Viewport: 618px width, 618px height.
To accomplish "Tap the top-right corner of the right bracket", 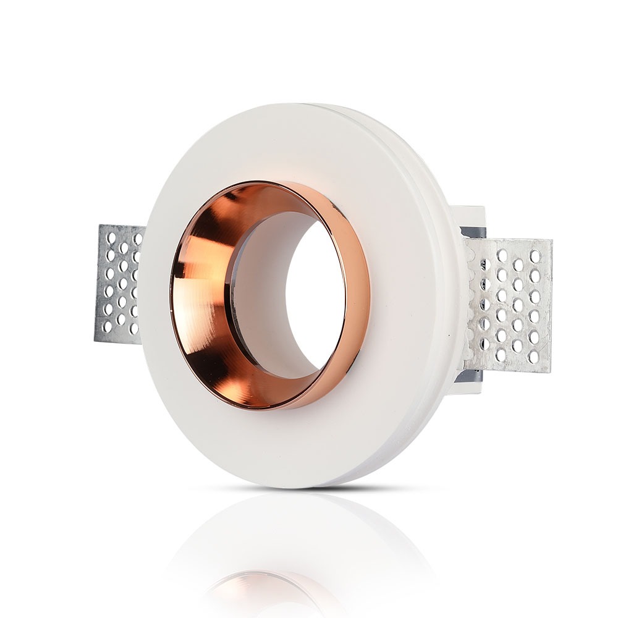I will [x=551, y=240].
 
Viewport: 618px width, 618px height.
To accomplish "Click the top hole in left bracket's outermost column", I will [x=111, y=238].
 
